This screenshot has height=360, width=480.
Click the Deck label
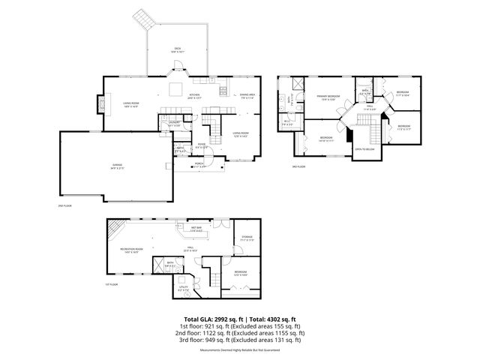178,49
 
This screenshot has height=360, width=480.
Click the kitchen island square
175,91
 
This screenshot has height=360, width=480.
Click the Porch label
199,163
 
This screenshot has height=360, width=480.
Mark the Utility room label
184,287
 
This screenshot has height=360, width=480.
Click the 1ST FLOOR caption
112,284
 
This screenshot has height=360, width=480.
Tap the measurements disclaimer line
240,349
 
